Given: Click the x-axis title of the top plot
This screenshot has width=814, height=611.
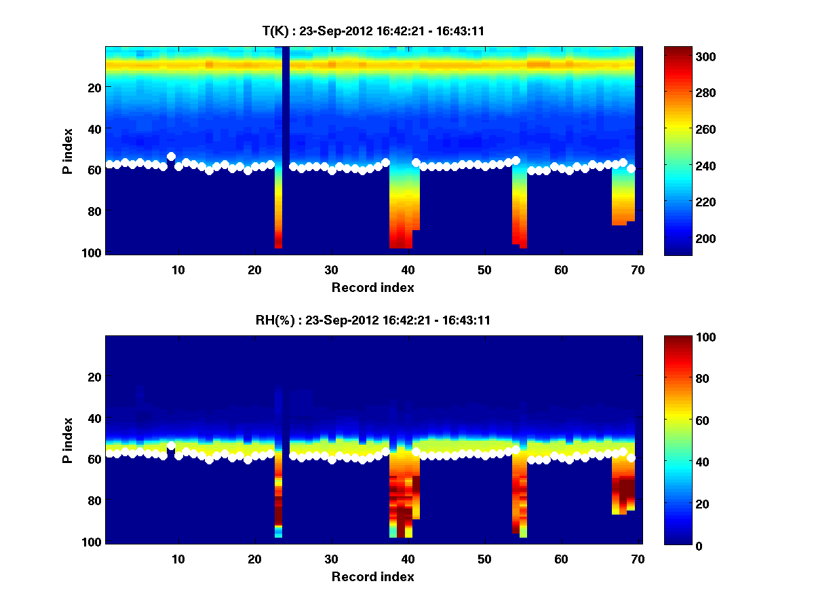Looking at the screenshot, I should click(x=372, y=287).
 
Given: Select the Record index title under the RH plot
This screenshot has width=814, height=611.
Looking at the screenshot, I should click(x=372, y=576).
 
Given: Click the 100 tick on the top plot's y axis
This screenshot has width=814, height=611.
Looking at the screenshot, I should click(x=93, y=253).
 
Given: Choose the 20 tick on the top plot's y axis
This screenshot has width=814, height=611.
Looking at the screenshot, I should click(x=94, y=88).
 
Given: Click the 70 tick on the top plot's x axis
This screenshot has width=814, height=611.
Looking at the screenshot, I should click(x=637, y=269).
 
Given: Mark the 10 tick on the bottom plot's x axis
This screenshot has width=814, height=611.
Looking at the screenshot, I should click(x=178, y=558).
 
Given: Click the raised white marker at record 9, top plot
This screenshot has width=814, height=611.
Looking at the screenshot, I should click(x=171, y=157).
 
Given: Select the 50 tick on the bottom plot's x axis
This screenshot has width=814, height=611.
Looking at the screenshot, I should click(x=484, y=558).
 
